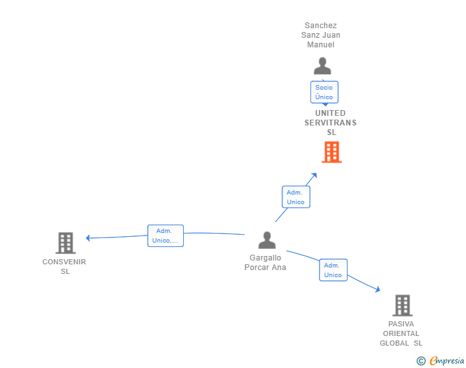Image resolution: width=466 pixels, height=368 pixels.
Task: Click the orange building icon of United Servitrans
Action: [x=332, y=152]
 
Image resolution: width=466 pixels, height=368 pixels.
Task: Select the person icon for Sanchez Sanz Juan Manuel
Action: [x=323, y=66]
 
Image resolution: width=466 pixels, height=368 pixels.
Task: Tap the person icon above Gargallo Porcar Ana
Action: [x=267, y=240]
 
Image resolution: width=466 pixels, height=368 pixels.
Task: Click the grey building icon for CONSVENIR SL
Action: [x=66, y=243]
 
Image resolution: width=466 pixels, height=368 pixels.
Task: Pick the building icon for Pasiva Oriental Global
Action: [x=403, y=305]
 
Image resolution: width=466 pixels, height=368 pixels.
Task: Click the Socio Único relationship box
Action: [x=325, y=92]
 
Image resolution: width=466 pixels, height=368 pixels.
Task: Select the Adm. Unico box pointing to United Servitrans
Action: [x=296, y=196]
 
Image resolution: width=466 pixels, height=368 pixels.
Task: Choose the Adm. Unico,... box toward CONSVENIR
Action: [x=166, y=236]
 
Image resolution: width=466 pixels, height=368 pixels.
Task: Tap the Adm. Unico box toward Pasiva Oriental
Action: [x=333, y=270]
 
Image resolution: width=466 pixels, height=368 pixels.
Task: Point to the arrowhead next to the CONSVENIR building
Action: [x=88, y=238]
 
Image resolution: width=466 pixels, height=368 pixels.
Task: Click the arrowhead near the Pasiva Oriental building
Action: [x=378, y=289]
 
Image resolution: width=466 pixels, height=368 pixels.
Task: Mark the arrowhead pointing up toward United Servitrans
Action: [x=314, y=175]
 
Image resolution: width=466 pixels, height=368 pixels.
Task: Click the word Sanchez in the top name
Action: [x=321, y=26]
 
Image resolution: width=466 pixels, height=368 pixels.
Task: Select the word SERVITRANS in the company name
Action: [x=330, y=123]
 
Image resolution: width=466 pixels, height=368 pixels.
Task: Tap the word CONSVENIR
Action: [x=64, y=262]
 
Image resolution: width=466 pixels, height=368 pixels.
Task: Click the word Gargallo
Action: [x=266, y=258]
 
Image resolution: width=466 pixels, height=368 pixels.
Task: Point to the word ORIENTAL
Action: [x=401, y=333]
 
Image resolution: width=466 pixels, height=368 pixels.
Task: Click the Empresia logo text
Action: [x=447, y=360]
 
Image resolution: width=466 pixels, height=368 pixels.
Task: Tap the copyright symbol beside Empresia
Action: [x=421, y=361]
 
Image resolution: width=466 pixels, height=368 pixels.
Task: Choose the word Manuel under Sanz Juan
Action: [x=321, y=45]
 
